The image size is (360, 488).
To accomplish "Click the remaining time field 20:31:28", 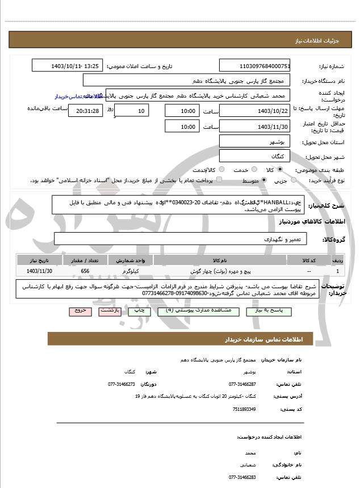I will click(85, 111).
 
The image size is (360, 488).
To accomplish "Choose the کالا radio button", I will click(279, 169).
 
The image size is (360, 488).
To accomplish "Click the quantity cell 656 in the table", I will click(86, 271).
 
